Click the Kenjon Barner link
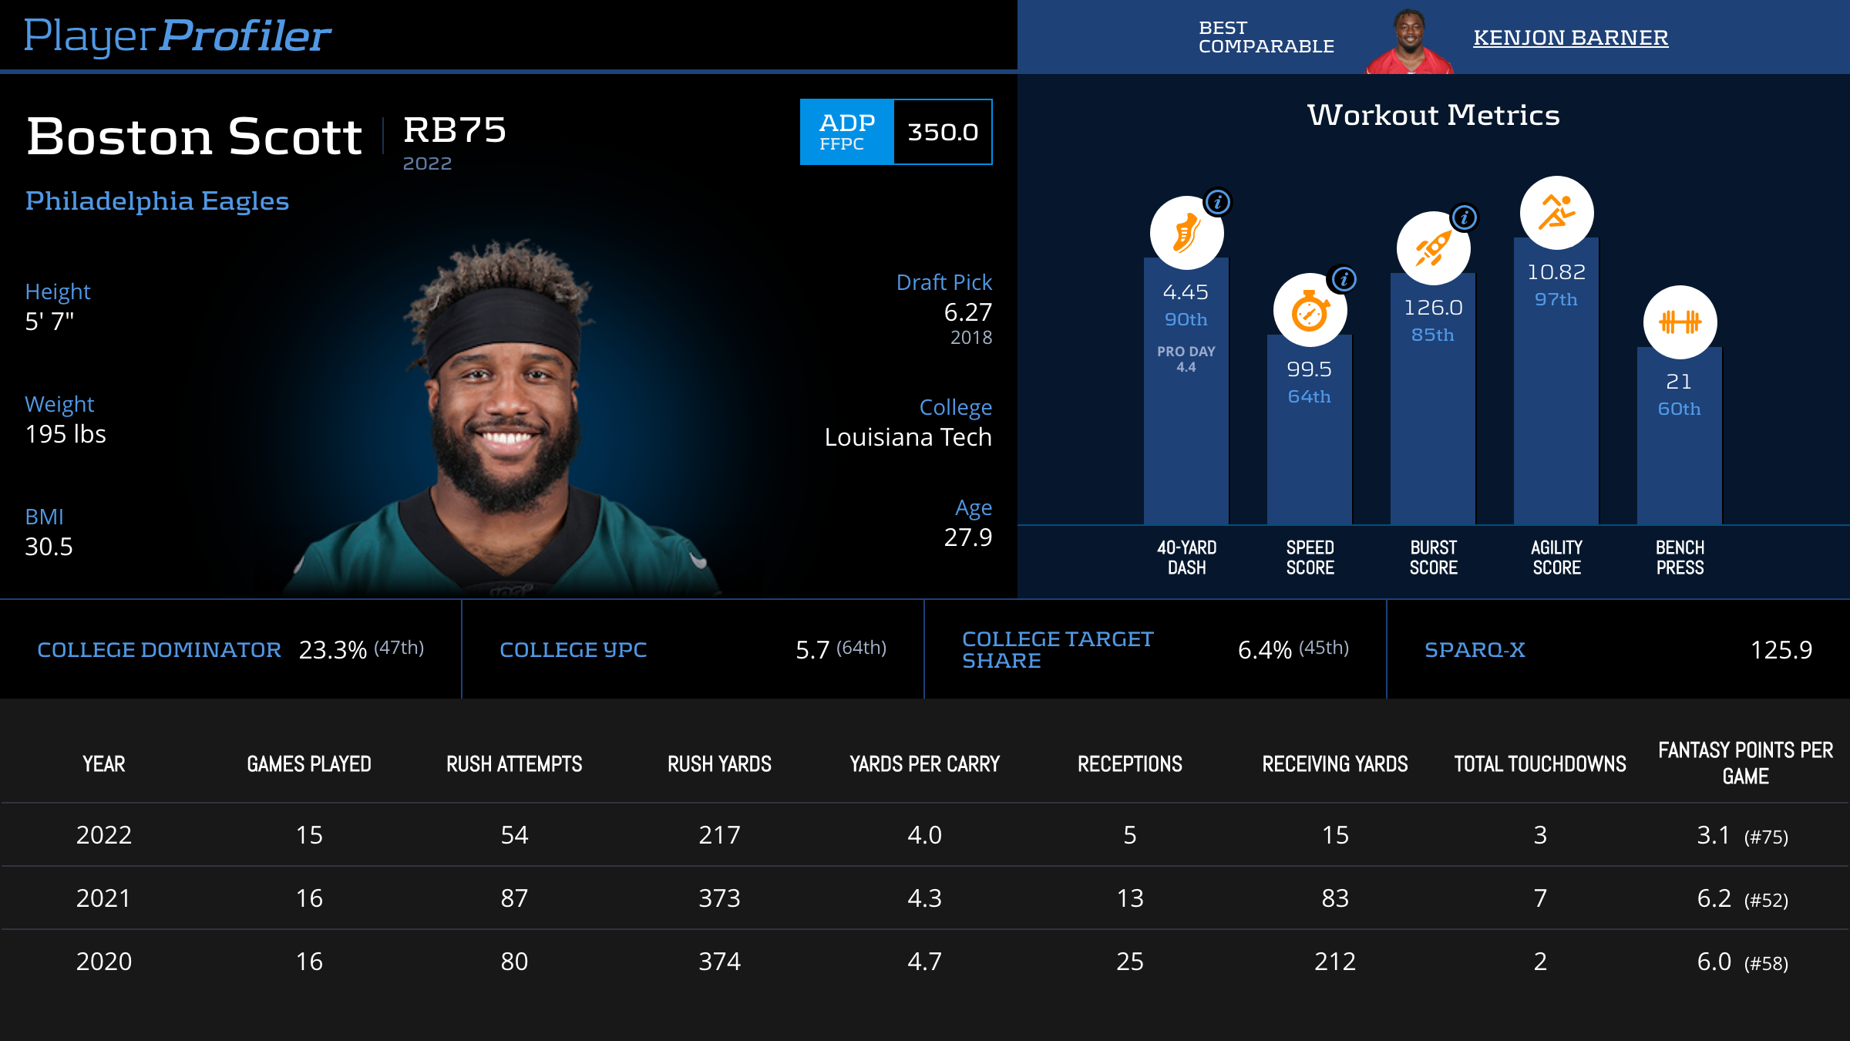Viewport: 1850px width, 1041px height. point(1570,38)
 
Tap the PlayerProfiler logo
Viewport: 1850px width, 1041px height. point(177,36)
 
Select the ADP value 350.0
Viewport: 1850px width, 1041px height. point(942,132)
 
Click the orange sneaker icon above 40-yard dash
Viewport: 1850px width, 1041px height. point(1186,233)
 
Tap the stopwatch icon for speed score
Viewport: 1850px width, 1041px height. point(1310,311)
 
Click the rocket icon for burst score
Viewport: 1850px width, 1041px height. point(1433,248)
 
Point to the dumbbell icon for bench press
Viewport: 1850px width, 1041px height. point(1680,322)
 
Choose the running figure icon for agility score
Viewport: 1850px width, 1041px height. point(1556,213)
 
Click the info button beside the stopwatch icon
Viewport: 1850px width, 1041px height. point(1344,279)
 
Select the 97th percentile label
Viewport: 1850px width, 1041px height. point(1556,299)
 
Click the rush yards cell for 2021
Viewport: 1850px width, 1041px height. point(719,898)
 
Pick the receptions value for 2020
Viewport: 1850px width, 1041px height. point(1129,962)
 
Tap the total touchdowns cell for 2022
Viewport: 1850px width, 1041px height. point(1539,835)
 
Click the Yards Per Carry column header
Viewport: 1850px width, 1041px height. point(924,764)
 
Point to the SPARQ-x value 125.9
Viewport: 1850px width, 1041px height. point(1781,650)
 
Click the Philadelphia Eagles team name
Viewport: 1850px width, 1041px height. point(157,201)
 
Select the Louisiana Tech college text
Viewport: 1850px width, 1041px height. point(907,437)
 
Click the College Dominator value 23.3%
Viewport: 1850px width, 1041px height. point(332,650)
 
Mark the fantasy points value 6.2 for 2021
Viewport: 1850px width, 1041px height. point(1714,898)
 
